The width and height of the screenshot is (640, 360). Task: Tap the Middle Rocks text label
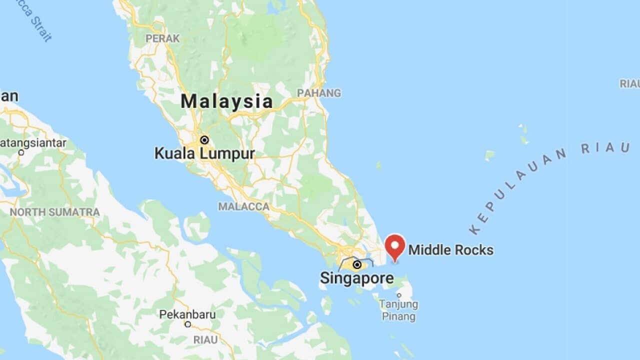[451, 250]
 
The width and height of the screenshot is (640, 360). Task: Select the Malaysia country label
[226, 101]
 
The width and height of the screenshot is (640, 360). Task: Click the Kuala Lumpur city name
[204, 153]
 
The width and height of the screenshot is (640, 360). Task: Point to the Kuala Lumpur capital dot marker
[204, 140]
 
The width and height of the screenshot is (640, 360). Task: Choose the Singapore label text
[356, 278]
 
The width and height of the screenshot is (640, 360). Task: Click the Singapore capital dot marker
[357, 264]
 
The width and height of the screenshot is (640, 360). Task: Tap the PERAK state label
[155, 38]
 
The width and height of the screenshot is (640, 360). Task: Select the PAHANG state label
[319, 93]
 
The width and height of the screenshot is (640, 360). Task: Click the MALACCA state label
[243, 206]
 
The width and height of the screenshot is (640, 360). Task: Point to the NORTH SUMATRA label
[55, 212]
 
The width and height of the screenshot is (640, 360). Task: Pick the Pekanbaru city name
[187, 314]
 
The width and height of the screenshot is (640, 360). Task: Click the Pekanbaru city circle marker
[188, 324]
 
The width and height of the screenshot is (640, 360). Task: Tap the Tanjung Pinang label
[398, 310]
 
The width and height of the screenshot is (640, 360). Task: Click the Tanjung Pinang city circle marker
[399, 295]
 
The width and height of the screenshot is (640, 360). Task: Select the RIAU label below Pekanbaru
[205, 340]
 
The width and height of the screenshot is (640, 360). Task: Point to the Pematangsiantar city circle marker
[21, 152]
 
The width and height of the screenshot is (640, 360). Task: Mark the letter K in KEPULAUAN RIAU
[474, 229]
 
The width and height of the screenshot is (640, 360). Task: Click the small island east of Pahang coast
[378, 164]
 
